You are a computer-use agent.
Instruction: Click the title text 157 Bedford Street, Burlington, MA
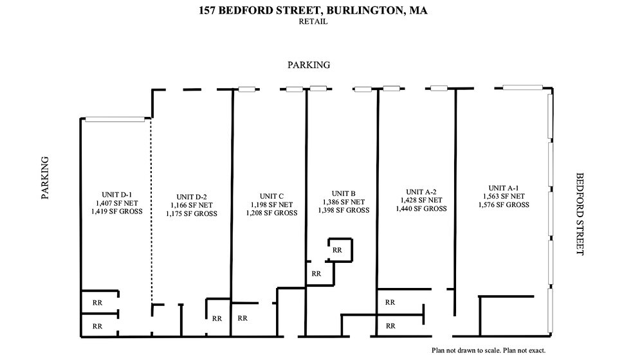click(313, 10)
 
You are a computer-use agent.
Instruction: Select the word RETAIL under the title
click(313, 21)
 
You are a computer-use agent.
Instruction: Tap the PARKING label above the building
click(309, 65)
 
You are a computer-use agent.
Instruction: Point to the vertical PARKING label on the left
click(46, 177)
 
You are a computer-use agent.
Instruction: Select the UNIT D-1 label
click(116, 194)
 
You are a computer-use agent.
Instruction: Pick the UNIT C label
click(271, 196)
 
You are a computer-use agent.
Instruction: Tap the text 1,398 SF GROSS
click(344, 210)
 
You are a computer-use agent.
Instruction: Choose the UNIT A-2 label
click(421, 192)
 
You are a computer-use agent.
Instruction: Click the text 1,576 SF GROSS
click(504, 205)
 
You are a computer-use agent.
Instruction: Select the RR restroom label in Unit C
click(243, 318)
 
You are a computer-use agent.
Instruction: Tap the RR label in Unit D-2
click(217, 318)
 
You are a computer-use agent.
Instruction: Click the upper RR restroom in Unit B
click(337, 250)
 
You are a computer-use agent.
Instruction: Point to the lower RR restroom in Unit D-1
click(97, 326)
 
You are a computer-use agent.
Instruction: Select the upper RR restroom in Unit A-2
click(390, 302)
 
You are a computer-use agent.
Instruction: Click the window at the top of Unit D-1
click(115, 119)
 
